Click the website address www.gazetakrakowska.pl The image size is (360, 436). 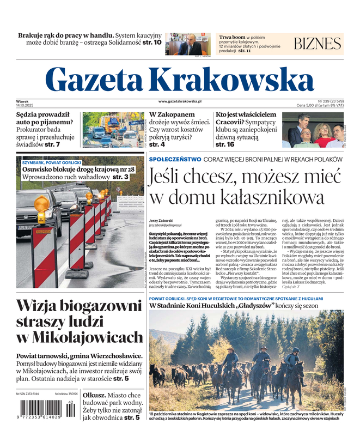click(x=180, y=101)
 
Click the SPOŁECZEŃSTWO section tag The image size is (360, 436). click(x=174, y=159)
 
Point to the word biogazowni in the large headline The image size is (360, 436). click(x=96, y=306)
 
